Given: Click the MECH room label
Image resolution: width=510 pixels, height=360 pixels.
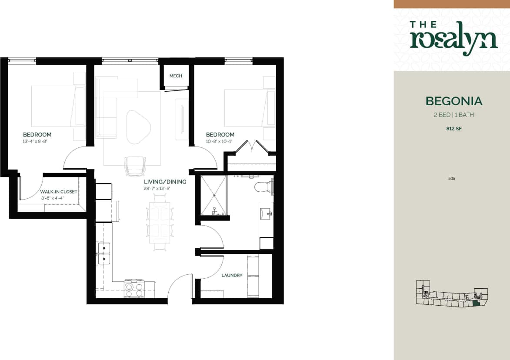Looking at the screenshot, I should [x=176, y=76].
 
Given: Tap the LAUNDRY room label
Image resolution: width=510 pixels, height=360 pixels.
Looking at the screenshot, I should [x=232, y=275].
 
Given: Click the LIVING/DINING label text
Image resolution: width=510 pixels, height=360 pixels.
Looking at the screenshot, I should [x=165, y=182].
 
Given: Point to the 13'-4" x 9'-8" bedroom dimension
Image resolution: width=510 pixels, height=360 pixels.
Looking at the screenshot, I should [x=37, y=141].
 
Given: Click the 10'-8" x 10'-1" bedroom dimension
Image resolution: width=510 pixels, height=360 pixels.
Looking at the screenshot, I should [x=220, y=141].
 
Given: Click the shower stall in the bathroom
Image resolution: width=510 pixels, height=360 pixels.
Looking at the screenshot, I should [x=213, y=195].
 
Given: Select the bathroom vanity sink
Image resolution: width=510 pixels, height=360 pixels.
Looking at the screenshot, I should [x=266, y=213].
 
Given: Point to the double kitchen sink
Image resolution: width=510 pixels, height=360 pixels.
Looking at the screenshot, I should [x=104, y=253].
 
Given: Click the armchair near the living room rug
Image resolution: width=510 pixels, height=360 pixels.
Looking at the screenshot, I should [x=134, y=166].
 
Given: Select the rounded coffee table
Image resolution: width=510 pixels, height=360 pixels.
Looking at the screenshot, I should [x=138, y=126].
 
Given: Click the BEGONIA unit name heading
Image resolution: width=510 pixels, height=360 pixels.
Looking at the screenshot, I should [x=454, y=101].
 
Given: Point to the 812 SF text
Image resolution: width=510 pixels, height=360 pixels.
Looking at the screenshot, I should [x=454, y=128].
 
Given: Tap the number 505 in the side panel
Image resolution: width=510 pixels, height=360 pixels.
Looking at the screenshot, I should [x=451, y=178].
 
